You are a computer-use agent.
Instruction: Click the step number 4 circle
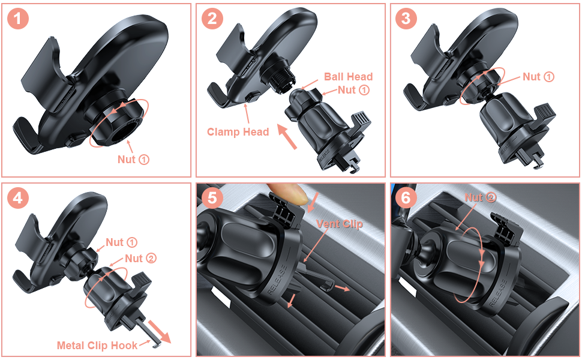pyautogui.click(x=19, y=198)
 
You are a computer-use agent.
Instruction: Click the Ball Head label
pyautogui.click(x=348, y=77)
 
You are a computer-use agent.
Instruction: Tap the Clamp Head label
pyautogui.click(x=238, y=131)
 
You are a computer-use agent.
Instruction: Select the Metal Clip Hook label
pyautogui.click(x=97, y=345)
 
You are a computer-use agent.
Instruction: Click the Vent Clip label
pyautogui.click(x=340, y=224)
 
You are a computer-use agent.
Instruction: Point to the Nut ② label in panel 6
pyautogui.click(x=481, y=197)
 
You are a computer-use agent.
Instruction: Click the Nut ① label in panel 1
pyautogui.click(x=133, y=160)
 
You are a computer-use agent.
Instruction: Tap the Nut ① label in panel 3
pyautogui.click(x=538, y=77)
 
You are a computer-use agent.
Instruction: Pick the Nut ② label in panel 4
pyautogui.click(x=141, y=258)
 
